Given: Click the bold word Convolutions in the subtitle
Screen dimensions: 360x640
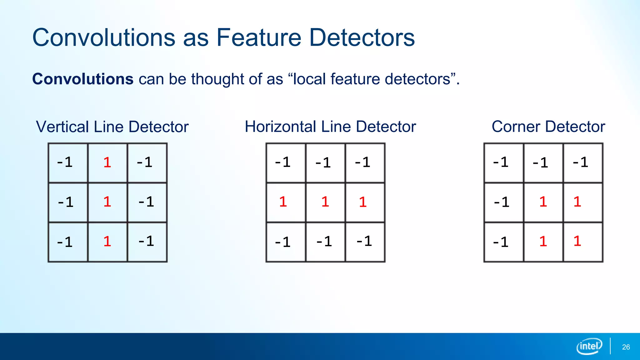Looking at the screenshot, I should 83,79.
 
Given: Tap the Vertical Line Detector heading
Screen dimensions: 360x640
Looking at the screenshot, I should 112,127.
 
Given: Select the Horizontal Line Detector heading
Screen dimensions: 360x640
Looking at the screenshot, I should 330,127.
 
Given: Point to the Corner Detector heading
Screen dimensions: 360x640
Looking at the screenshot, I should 548,127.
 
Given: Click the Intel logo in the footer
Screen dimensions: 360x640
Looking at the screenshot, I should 589,346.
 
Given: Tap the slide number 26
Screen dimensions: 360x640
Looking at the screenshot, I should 626,347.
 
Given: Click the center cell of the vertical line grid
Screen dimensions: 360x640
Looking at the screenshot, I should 107,202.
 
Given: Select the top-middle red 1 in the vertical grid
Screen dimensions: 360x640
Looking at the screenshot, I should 107,162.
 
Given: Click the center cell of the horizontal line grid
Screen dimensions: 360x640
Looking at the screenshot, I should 325,202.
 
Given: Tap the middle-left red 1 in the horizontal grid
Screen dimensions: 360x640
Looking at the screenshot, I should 283,202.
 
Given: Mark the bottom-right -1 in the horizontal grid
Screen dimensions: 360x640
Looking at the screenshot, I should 364,242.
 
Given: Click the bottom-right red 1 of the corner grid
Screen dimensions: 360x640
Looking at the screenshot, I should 577,242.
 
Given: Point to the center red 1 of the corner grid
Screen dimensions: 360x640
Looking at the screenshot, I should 543,202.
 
